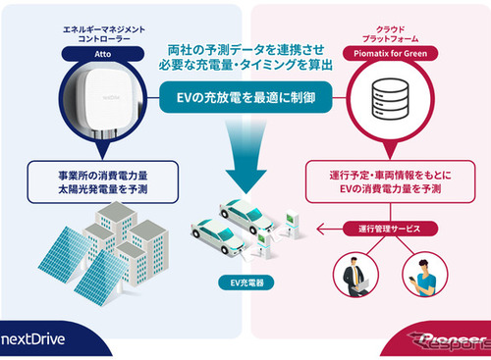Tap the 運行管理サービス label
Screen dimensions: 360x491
[x=387, y=229]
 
